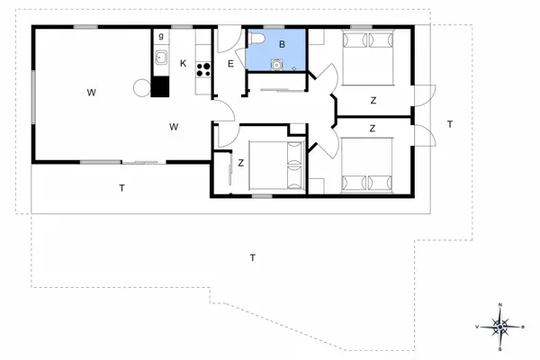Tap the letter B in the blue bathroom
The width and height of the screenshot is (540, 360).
pos(282,44)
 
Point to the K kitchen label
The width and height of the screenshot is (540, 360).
pos(183,63)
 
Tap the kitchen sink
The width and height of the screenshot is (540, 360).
pos(161,59)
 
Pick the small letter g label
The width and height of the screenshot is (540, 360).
pos(161,37)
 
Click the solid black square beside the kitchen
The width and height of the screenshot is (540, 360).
pos(161,87)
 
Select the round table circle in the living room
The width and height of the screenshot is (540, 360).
pos(141,87)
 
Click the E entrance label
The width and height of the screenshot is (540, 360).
pos(230,63)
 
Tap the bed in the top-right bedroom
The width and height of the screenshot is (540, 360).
pos(368,56)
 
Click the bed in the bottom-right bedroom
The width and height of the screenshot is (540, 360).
pos(368,166)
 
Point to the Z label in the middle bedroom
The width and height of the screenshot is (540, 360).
pos(241,163)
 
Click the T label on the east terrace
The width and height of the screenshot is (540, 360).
pos(450,123)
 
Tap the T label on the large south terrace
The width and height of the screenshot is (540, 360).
pos(253,258)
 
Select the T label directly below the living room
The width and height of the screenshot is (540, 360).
pos(121,188)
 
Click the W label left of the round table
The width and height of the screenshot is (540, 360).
pos(92,92)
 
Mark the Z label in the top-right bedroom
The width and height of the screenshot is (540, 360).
pos(372,101)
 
